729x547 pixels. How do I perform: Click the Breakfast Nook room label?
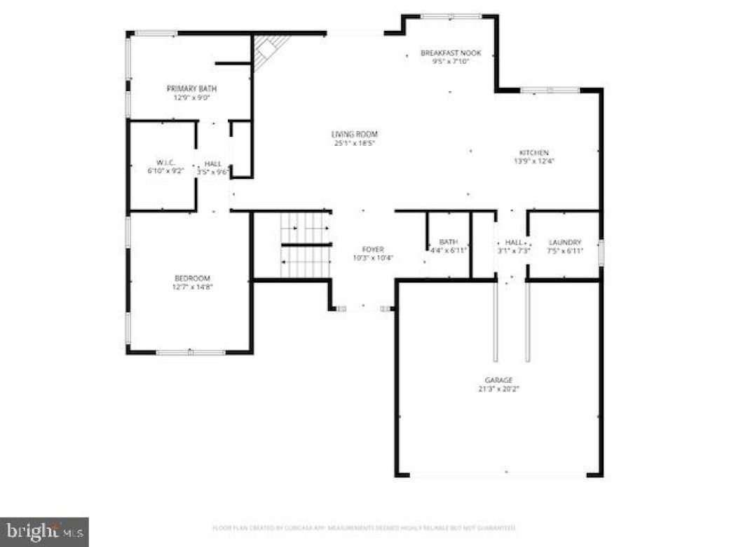[x=451, y=53]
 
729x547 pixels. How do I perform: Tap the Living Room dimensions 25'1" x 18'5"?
[x=355, y=144]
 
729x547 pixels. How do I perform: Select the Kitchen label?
[x=533, y=152]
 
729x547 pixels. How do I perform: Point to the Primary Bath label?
[x=191, y=88]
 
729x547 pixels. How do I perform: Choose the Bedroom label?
[x=192, y=278]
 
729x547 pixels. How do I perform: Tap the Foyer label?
[x=373, y=249]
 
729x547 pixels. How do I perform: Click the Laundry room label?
[x=565, y=242]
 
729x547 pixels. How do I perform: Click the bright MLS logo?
[x=44, y=532]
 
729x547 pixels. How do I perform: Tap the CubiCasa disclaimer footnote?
[x=364, y=527]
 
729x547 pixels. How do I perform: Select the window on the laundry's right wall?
[x=601, y=252]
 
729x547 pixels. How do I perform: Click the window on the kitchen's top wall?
[x=550, y=90]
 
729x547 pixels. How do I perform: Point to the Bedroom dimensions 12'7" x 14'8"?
[x=192, y=286]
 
